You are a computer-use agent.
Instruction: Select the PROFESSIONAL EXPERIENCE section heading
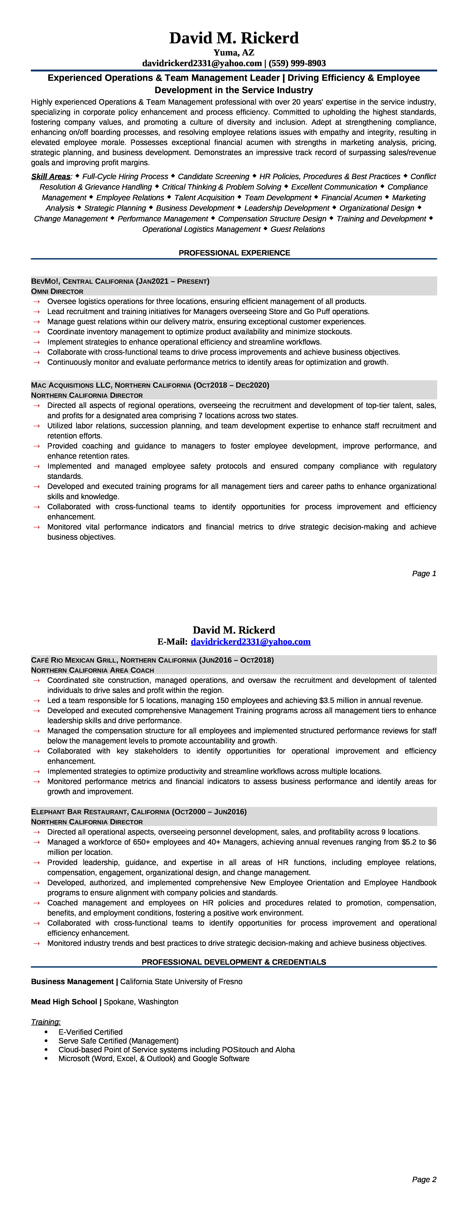click(x=234, y=253)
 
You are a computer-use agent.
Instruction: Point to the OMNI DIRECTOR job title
click(x=57, y=291)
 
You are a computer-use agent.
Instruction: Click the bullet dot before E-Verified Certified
click(x=46, y=1032)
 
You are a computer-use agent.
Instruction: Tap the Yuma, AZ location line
click(x=234, y=53)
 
